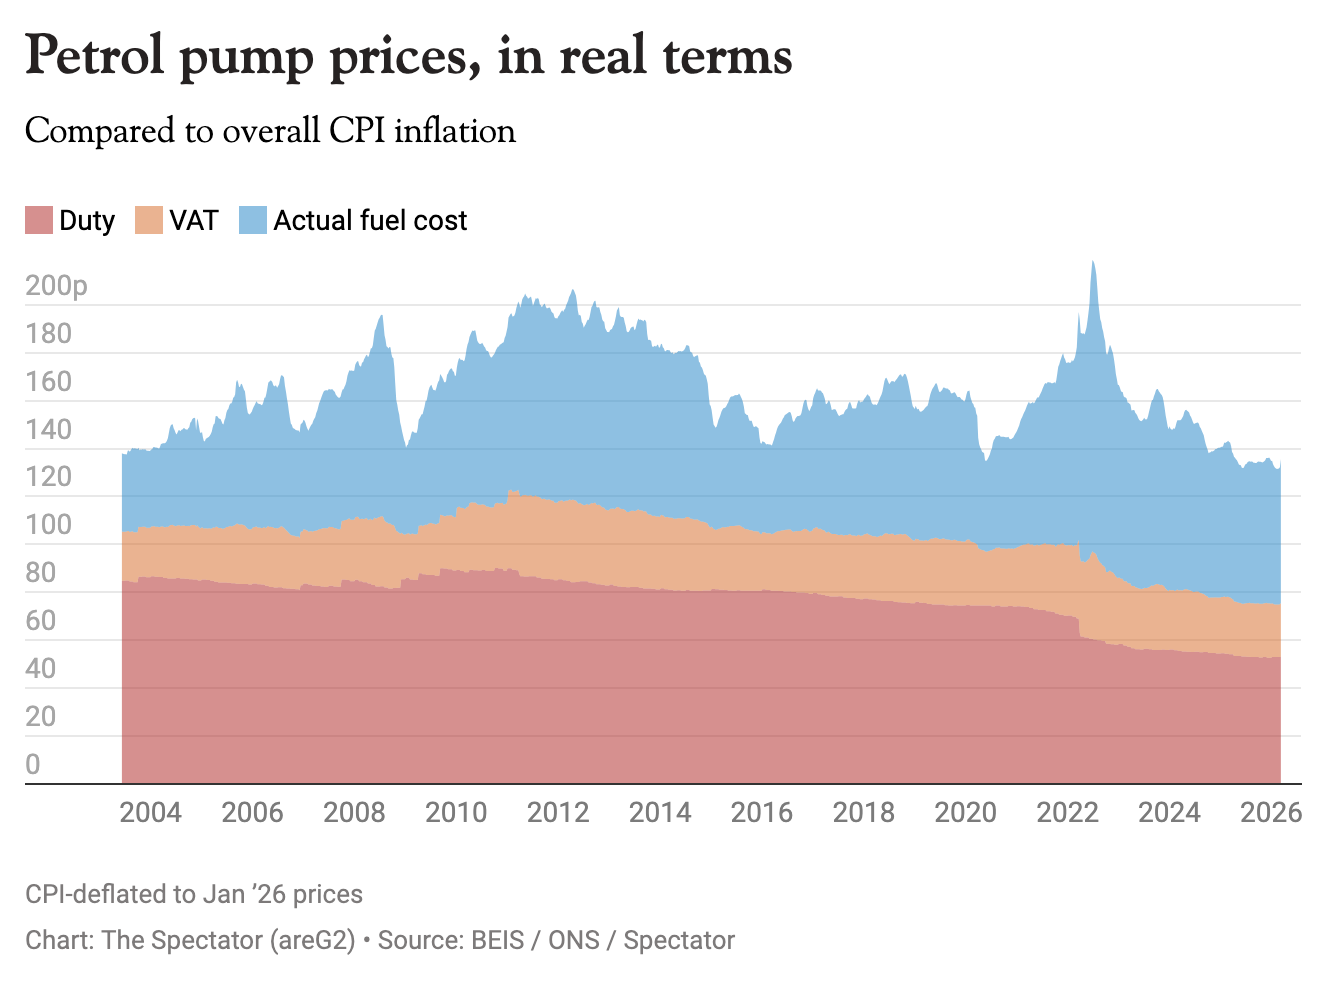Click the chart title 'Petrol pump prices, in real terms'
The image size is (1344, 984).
click(408, 56)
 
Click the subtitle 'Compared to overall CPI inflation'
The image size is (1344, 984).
click(270, 131)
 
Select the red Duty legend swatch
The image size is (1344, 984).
click(39, 220)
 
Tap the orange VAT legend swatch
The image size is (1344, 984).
click(149, 220)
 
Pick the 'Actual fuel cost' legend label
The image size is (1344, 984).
click(370, 220)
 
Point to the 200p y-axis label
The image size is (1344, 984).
click(56, 286)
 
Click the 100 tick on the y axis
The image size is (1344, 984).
click(48, 525)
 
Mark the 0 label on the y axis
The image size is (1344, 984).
click(33, 765)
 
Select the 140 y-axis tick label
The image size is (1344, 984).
click(48, 430)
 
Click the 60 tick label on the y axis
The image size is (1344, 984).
click(40, 621)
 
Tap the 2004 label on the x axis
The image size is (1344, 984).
click(150, 812)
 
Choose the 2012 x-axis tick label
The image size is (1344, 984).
click(558, 812)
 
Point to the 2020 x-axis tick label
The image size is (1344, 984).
click(965, 812)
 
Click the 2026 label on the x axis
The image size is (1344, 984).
click(1271, 812)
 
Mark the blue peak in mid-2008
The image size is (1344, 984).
click(381, 317)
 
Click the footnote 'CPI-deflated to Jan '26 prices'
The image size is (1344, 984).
click(194, 894)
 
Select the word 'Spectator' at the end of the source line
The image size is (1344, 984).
click(679, 941)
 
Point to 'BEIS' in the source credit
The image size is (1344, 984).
click(497, 941)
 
